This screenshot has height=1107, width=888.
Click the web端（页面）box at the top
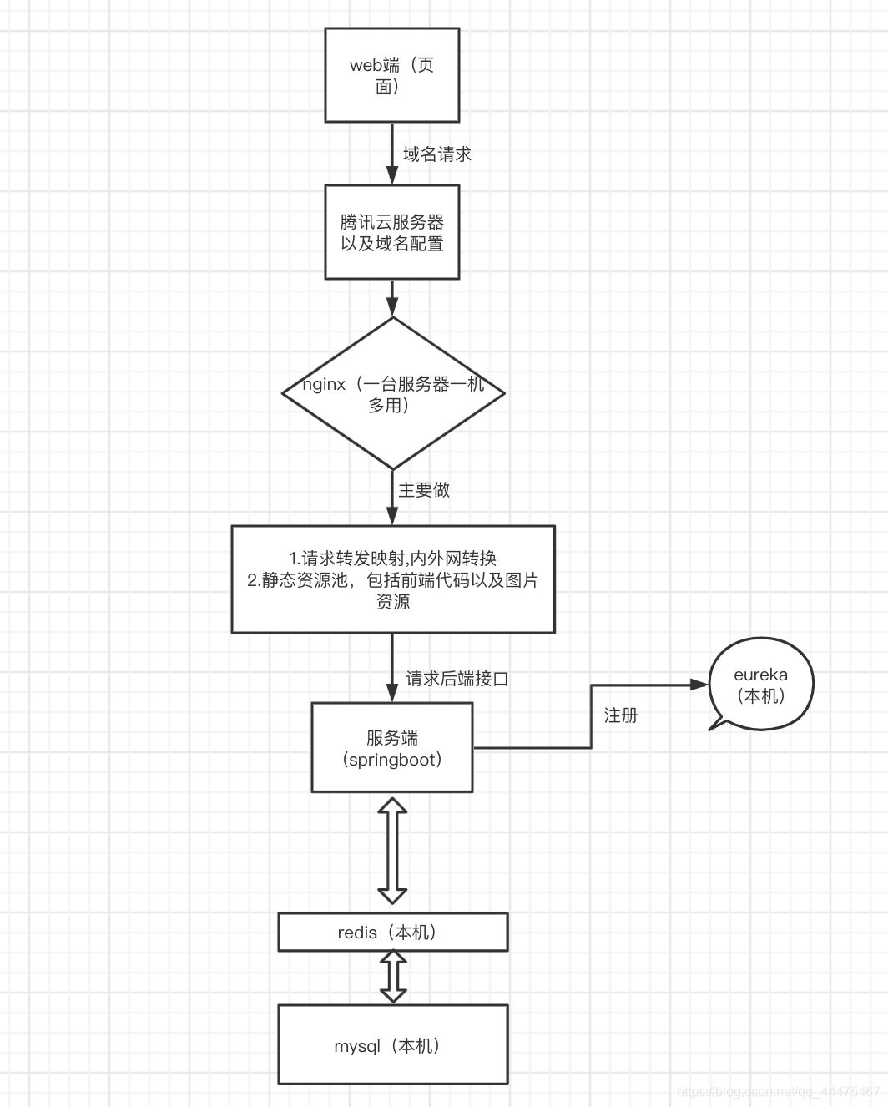coord(391,75)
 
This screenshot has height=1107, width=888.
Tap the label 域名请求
coord(436,154)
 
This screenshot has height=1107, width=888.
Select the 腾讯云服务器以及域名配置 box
coord(391,233)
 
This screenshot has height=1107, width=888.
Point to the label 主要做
coord(424,490)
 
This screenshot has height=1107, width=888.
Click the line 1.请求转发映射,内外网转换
coord(392,558)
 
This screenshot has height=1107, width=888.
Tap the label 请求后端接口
coord(457,679)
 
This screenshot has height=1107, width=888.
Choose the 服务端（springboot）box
coord(391,747)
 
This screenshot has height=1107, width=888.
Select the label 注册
coord(620,715)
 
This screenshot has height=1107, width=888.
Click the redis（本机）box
coord(392,932)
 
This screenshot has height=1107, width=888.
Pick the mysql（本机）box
coord(392,1044)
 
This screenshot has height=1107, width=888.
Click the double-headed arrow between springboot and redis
coord(392,851)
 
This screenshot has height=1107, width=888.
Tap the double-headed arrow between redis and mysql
coord(393,977)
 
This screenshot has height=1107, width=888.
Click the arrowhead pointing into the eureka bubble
coord(699,685)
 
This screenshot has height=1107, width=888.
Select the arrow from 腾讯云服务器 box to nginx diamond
coord(392,297)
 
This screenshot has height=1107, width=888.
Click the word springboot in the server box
coord(394,760)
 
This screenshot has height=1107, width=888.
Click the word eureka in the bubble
coord(760,675)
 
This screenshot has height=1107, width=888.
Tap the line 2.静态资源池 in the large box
coord(392,580)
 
